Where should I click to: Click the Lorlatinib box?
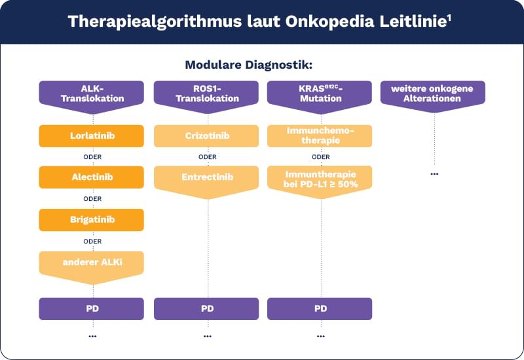pos(92,135)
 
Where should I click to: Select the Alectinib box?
pos(92,177)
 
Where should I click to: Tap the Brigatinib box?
pos(92,219)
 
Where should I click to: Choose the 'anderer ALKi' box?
pos(92,263)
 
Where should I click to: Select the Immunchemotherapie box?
pos(320,135)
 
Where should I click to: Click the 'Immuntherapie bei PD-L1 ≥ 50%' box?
pos(320,179)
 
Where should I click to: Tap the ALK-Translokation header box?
pos(92,93)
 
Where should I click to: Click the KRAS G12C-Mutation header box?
pos(320,93)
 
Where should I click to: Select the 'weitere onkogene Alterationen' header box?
pos(434,93)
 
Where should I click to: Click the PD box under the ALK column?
pos(92,308)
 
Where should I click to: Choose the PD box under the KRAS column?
pos(320,308)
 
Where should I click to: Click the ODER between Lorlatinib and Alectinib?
pos(92,157)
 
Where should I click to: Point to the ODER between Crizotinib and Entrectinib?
pos(207,157)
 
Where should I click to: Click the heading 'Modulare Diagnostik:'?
pos(249,65)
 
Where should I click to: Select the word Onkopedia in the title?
pos(322,22)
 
